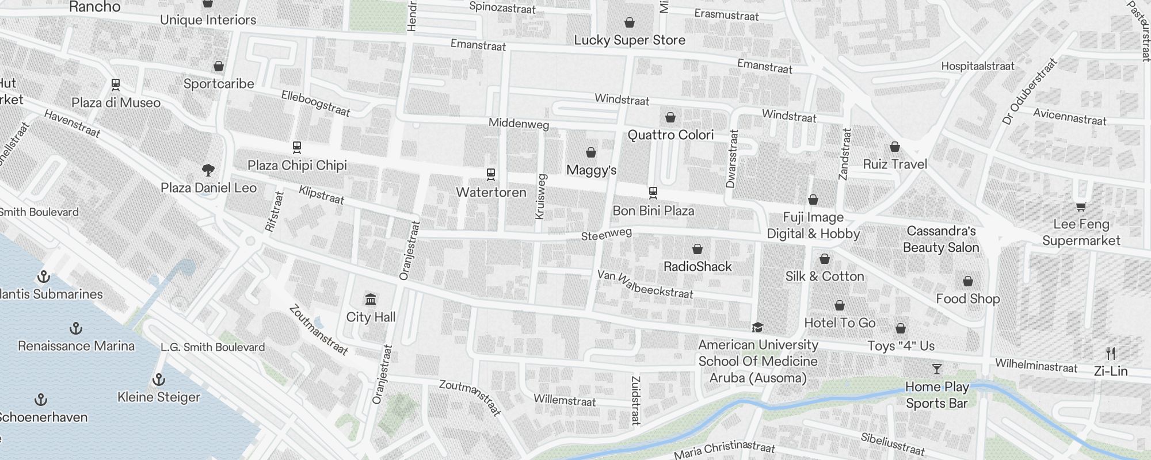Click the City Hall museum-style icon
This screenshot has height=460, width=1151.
[371, 300]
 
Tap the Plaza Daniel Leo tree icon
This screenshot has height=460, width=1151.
[208, 170]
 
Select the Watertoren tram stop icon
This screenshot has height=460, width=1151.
[491, 174]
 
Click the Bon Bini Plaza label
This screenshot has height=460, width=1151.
[653, 211]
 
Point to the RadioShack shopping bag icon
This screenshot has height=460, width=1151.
[698, 249]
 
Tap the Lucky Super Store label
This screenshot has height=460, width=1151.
[630, 40]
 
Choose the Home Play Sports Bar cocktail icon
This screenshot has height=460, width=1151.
[937, 369]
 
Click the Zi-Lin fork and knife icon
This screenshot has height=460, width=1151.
[1111, 354]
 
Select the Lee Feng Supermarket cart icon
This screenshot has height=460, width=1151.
[1081, 206]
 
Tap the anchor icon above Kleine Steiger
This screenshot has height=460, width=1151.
[158, 379]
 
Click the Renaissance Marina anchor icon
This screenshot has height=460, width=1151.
[75, 328]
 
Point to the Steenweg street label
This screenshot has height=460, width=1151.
[606, 234]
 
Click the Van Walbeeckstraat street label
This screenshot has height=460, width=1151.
[645, 284]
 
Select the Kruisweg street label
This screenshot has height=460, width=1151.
[540, 196]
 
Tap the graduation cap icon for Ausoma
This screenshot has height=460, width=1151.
[757, 327]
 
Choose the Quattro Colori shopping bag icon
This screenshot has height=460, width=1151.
[670, 117]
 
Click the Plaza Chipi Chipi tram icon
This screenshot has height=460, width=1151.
[297, 147]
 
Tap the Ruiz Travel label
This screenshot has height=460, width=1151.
[895, 164]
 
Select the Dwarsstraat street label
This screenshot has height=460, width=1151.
[732, 159]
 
